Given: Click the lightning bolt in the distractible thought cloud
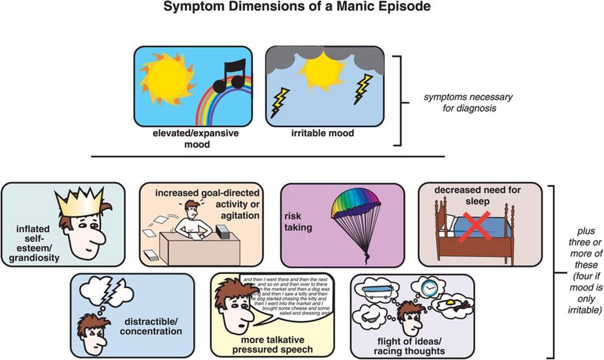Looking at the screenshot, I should [115, 298].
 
